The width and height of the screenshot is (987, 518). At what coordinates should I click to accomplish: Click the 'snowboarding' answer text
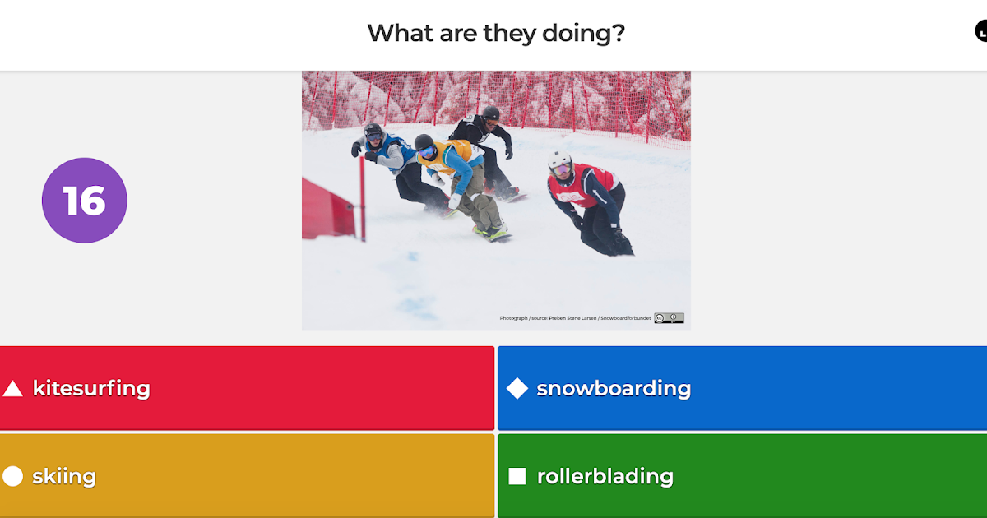pos(614,388)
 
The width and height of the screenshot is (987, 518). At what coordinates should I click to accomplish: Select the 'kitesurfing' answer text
pos(91,388)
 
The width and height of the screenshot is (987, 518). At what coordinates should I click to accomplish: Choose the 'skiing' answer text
pos(64,476)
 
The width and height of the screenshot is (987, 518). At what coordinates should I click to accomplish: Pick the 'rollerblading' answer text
pos(605,476)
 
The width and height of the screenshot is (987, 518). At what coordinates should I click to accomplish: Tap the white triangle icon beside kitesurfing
pos(12,389)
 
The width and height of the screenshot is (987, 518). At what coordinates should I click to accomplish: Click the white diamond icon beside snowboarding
pos(517,388)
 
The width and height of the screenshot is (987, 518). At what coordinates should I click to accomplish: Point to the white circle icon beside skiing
pos(12,476)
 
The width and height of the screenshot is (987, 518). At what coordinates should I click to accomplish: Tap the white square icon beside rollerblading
pos(517,476)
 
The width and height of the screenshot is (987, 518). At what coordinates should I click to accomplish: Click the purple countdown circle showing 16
pos(85,201)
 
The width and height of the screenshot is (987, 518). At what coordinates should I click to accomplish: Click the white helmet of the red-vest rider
pos(560,162)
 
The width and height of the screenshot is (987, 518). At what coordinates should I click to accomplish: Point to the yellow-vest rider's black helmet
pos(424,143)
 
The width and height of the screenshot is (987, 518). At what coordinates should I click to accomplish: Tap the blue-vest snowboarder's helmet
pos(373,131)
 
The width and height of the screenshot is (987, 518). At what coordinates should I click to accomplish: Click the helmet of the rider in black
pos(490,113)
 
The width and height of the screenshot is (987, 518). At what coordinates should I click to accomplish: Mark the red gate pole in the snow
pos(361,197)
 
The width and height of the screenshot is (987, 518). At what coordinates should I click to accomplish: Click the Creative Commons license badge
pos(669,318)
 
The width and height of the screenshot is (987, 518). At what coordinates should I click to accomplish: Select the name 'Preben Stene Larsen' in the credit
pos(573,318)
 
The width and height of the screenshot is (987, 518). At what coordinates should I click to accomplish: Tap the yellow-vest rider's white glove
pos(455,201)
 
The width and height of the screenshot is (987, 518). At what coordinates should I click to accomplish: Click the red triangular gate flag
pos(327,210)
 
